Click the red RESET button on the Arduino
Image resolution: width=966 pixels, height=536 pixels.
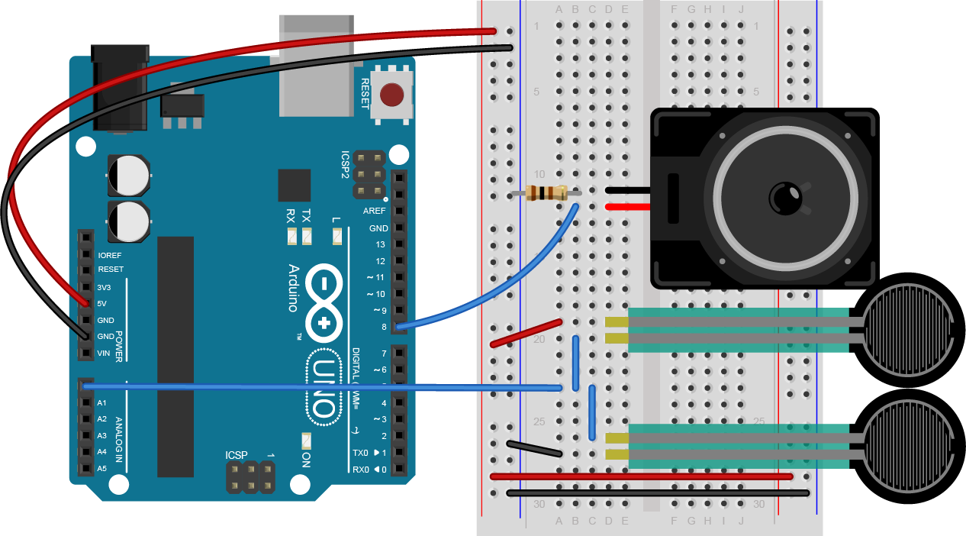(x=391, y=95)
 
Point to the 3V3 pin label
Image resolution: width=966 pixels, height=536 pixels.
(x=105, y=287)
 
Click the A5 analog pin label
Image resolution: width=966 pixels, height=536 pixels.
(x=101, y=468)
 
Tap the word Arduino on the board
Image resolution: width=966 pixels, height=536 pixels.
(x=292, y=288)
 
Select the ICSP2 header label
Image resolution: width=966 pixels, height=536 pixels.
(x=344, y=163)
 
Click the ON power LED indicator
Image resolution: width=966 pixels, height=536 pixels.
(x=306, y=441)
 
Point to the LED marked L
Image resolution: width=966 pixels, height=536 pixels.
(x=336, y=237)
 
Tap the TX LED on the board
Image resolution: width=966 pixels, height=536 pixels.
(x=307, y=237)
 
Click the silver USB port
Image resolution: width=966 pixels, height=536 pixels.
(x=317, y=65)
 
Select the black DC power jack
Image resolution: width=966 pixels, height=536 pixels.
(x=119, y=88)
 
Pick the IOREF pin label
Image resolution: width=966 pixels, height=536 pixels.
(x=110, y=255)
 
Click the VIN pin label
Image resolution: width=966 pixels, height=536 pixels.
(x=104, y=353)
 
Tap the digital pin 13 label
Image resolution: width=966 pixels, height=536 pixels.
(x=380, y=244)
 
